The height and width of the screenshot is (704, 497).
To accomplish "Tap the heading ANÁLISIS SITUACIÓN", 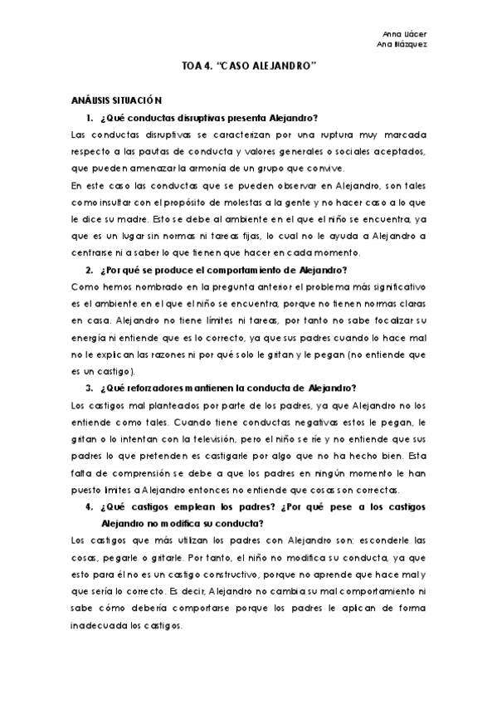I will pyautogui.click(x=110, y=99).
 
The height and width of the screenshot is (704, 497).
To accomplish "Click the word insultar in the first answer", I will pyautogui.click(x=112, y=202).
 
